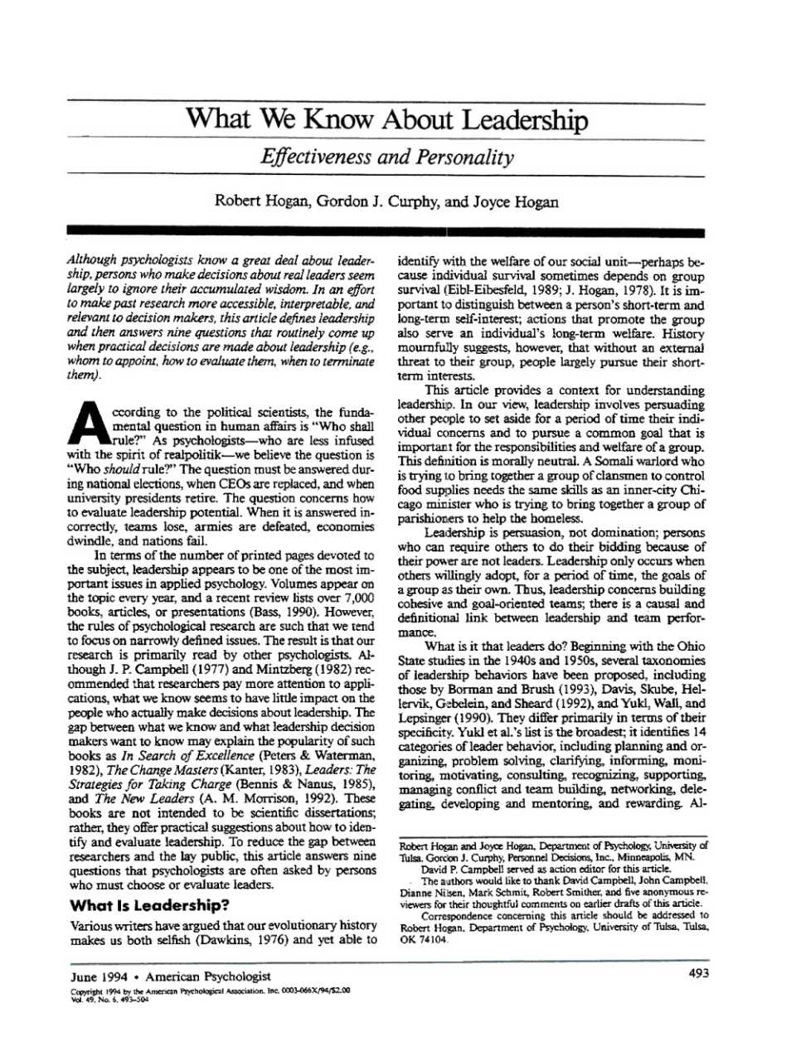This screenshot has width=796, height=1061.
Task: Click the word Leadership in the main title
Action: tap(524, 120)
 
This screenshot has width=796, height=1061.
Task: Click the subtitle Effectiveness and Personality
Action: tap(387, 157)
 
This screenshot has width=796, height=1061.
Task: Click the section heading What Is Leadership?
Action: tap(149, 905)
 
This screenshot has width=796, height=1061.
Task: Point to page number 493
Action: tap(698, 974)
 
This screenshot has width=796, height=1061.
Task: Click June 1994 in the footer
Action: tap(99, 976)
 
